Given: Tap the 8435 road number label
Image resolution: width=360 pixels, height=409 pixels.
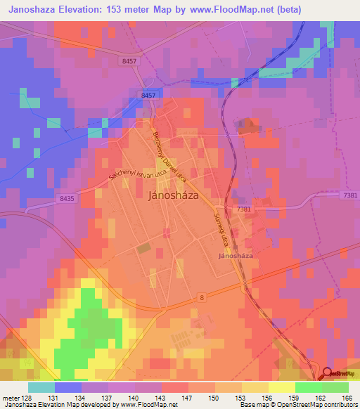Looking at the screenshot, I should pos(67,200).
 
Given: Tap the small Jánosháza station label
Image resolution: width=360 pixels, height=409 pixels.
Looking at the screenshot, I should pos(236,256).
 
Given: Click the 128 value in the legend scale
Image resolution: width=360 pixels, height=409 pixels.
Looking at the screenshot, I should pos(27,398).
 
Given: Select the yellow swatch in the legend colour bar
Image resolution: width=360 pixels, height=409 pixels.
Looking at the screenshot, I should pos(281,387).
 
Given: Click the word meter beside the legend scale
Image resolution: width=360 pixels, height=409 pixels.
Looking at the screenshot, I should pos(10,398).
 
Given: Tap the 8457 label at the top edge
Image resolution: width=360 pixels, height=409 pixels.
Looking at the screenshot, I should pos(128,62).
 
